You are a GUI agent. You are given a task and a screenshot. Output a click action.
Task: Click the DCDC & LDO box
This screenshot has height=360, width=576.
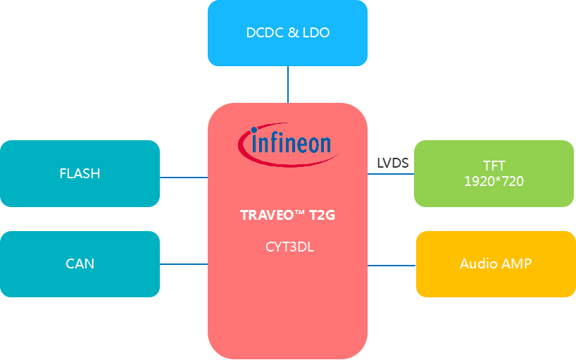click(287, 33)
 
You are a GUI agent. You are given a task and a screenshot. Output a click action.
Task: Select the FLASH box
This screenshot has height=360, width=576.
click(80, 173)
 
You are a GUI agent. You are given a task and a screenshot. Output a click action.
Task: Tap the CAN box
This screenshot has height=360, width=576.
click(80, 264)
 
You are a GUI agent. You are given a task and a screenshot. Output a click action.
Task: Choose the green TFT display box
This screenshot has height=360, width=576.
click(494, 173)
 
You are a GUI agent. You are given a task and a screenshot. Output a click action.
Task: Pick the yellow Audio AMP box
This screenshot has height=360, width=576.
click(495, 264)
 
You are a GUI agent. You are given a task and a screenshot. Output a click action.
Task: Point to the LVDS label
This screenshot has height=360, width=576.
click(393, 163)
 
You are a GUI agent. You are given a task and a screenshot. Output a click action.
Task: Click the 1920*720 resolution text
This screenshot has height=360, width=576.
click(494, 181)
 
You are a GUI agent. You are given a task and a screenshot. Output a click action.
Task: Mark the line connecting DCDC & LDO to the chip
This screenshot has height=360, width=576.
click(287, 85)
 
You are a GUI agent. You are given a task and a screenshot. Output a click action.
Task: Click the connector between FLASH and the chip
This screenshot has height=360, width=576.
click(184, 178)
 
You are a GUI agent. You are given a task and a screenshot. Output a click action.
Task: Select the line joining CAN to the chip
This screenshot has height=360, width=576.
click(184, 264)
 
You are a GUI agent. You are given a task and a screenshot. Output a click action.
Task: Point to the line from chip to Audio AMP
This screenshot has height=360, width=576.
click(392, 266)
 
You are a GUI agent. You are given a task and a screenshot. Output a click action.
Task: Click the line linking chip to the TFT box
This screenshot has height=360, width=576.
click(391, 174)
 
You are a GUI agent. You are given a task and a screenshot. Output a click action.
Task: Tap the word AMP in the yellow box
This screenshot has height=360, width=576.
click(516, 264)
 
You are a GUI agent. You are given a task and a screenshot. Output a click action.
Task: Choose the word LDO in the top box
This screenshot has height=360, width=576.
click(316, 33)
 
